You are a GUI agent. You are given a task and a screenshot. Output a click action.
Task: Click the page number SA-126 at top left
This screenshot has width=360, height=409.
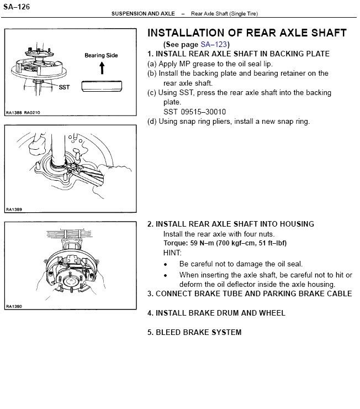coord(17,7)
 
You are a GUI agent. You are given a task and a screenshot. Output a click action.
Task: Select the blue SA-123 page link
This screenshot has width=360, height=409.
coord(214,44)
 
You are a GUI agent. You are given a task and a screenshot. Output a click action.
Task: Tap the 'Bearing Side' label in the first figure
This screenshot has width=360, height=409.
coord(101,55)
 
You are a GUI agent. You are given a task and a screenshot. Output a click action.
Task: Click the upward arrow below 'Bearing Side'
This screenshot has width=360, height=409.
coord(102,68)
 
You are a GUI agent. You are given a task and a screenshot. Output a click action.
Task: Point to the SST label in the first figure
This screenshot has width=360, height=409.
coord(65,87)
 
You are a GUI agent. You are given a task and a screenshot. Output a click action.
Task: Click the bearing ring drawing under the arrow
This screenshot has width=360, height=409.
coord(102,86)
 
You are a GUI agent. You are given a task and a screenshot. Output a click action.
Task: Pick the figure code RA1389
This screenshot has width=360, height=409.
coord(14,209)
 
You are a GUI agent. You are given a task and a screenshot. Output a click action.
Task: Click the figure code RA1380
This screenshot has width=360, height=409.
coord(14,306)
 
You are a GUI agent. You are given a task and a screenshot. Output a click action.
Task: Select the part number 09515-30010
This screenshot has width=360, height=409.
coord(203,112)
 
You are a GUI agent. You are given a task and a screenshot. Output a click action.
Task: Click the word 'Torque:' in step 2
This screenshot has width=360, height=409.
coord(176,243)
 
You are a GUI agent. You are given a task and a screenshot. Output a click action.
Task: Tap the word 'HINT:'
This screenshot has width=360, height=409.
coord(172,253)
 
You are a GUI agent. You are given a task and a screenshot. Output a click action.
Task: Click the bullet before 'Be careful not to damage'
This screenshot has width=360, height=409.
coord(166,265)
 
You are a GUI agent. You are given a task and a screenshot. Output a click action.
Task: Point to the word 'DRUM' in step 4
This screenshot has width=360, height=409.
coord(227,313)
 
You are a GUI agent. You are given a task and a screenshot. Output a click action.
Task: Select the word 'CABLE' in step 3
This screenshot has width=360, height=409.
coord(340,293)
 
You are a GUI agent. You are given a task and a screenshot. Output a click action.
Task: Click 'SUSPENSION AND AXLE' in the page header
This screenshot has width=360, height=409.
coord(143,14)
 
